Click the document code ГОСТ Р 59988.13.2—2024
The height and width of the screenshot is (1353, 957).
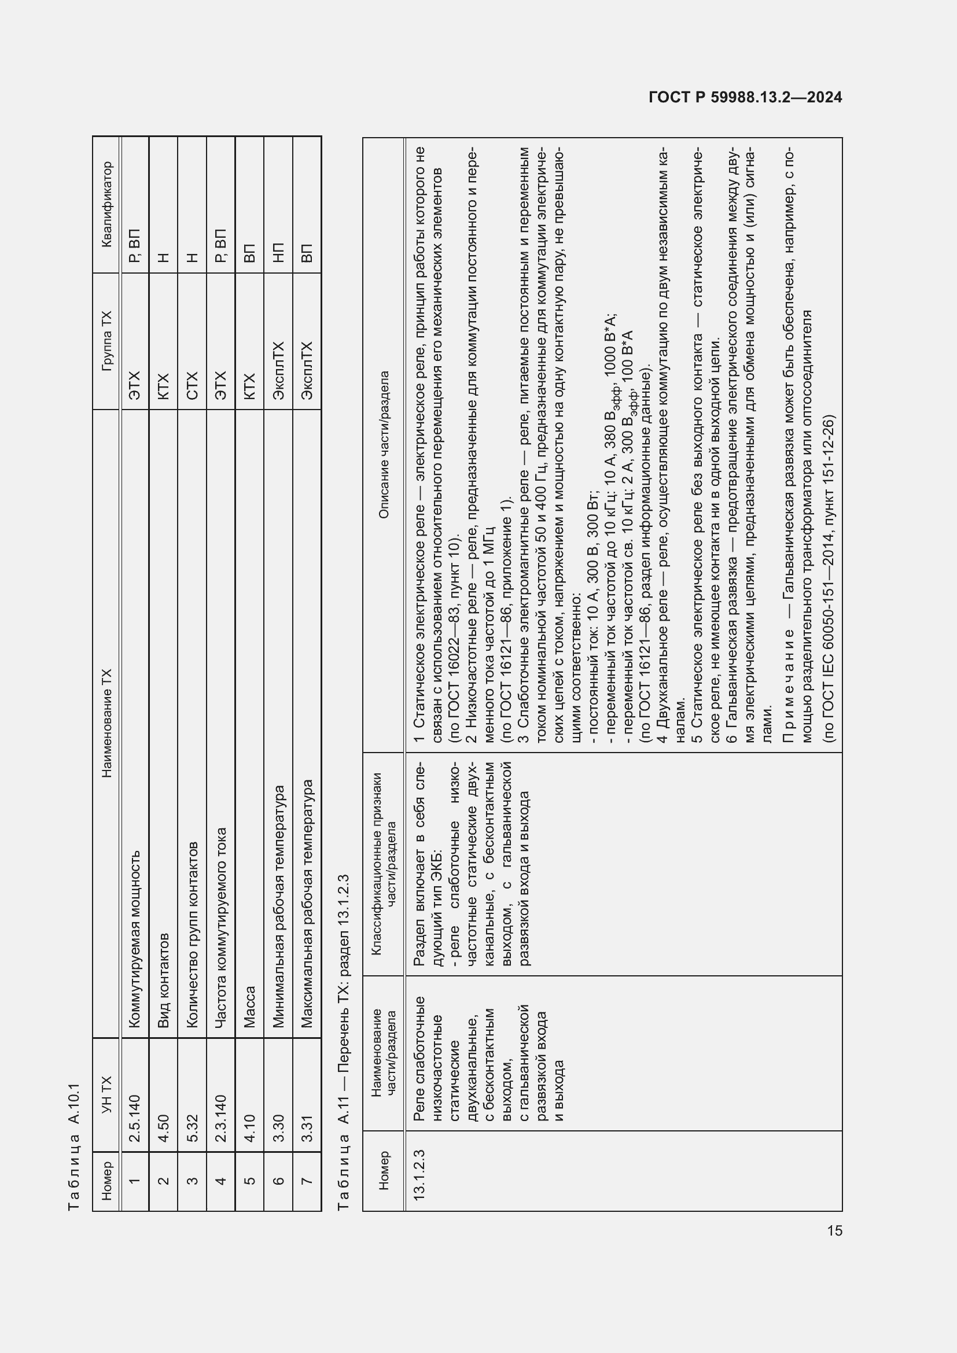[745, 98]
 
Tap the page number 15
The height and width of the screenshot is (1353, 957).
[834, 1230]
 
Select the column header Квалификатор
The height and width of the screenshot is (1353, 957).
[106, 204]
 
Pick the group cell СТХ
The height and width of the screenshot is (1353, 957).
[192, 386]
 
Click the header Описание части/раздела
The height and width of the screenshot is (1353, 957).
[384, 445]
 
